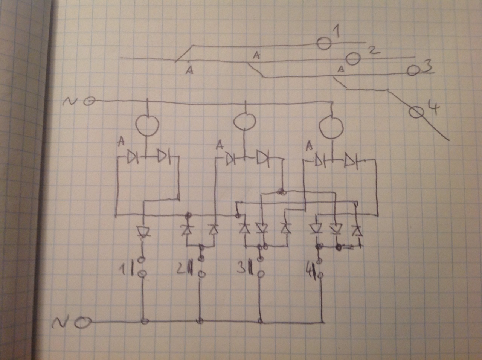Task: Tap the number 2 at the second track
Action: click(x=373, y=50)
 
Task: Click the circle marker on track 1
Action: click(x=323, y=43)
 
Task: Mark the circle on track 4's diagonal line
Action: click(x=416, y=112)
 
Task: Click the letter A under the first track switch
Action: click(x=190, y=70)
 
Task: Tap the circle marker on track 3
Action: click(x=413, y=70)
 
